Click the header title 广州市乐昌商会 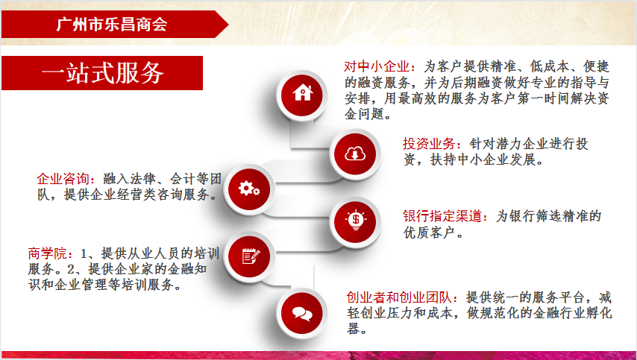pyautogui.click(x=112, y=25)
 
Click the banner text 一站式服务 pyautogui.click(x=103, y=73)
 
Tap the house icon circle pyautogui.click(x=302, y=95)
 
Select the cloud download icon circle pyautogui.click(x=355, y=154)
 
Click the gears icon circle pyautogui.click(x=249, y=189)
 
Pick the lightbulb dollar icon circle pyautogui.click(x=355, y=221)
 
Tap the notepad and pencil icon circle pyautogui.click(x=249, y=256)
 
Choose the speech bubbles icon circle pyautogui.click(x=302, y=313)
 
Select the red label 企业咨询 pyautogui.click(x=63, y=179)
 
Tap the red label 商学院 pyautogui.click(x=48, y=253)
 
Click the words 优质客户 pyautogui.click(x=429, y=233)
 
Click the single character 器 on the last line pyautogui.click(x=353, y=329)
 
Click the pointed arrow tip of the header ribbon pyautogui.click(x=228, y=25)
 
